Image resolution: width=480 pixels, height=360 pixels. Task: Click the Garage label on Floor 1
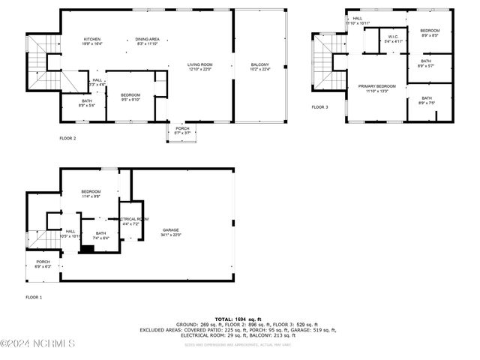pos(171,232)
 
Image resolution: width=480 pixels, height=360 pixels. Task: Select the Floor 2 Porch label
pos(182,130)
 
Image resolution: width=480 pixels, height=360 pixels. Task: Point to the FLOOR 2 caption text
pos(68,138)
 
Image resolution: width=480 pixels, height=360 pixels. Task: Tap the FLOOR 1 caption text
pos(34,298)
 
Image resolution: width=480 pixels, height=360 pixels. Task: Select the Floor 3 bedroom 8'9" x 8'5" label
pos(430,32)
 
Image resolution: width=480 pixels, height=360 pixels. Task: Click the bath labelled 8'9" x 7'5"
pos(426,100)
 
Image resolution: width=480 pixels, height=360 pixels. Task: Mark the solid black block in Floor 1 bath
pos(88,250)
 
